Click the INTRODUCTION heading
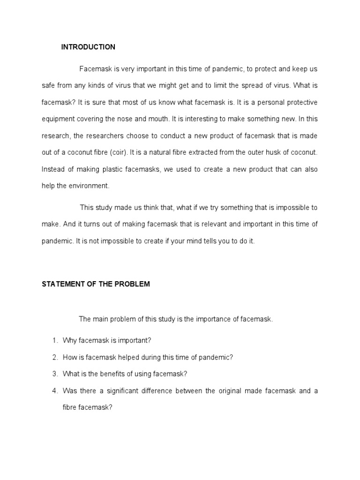pyautogui.click(x=88, y=47)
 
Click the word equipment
pyautogui.click(x=58, y=119)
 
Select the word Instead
pyautogui.click(x=53, y=169)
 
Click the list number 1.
pyautogui.click(x=54, y=340)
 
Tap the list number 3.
pyautogui.click(x=54, y=374)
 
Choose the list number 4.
pyautogui.click(x=54, y=390)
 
